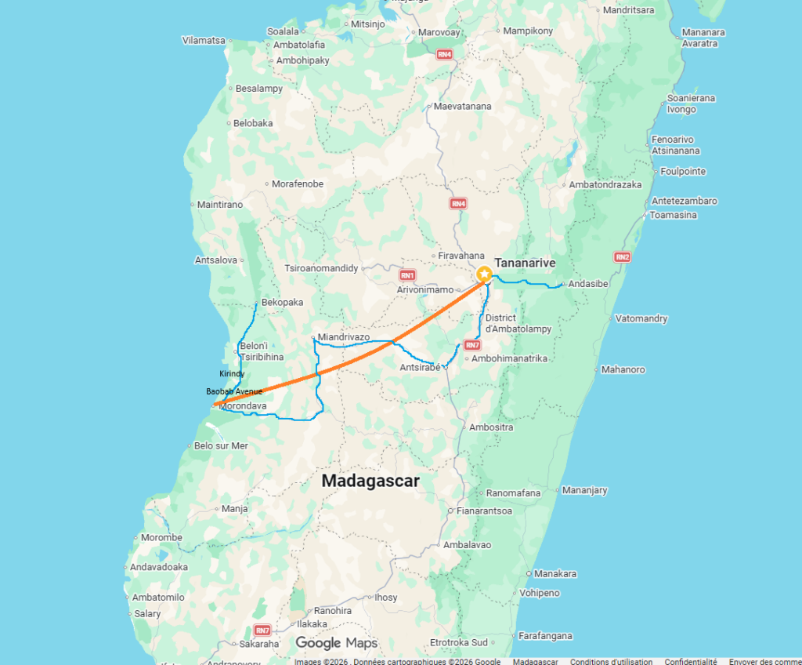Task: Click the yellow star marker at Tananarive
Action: [484, 274]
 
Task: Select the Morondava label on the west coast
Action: [244, 406]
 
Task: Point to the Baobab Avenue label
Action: [234, 391]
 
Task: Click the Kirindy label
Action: [232, 373]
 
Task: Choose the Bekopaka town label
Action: [282, 302]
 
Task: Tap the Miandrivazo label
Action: [344, 336]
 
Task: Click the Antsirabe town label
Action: [420, 367]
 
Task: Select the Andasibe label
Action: [588, 283]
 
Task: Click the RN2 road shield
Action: [622, 256]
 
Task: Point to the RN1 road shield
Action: [407, 275]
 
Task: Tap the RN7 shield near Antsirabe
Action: [471, 345]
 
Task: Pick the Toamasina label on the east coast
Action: [674, 215]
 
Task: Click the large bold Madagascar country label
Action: [370, 481]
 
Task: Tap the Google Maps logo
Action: [336, 643]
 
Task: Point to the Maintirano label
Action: [220, 205]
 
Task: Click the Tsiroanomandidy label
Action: [321, 268]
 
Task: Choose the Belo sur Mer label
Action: [221, 445]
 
